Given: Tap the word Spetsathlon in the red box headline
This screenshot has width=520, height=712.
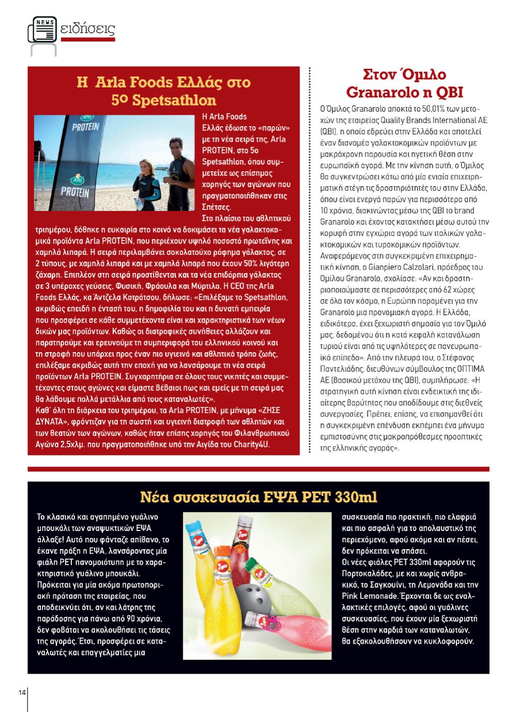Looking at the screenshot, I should coord(174,99).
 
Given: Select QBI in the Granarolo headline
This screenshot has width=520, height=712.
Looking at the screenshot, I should coord(448,92).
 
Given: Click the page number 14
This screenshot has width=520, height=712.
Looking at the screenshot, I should coord(22,692).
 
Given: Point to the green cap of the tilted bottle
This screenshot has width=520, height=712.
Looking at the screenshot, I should coord(252,564).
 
